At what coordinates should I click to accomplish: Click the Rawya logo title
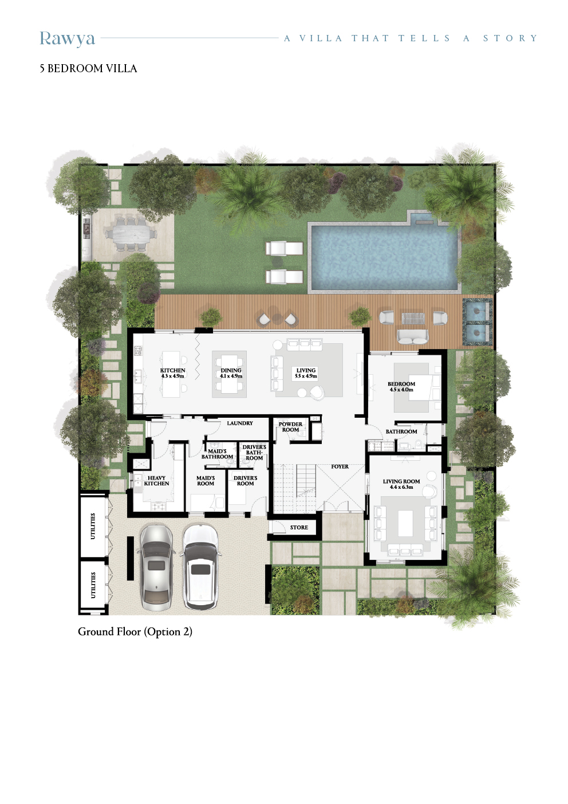67,38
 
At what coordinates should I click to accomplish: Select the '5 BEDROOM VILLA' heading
88,69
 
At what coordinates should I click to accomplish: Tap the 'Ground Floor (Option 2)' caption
135,632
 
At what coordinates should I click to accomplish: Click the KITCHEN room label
172,373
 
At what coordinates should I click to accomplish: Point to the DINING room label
231,373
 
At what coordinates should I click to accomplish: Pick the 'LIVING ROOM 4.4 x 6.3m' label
401,484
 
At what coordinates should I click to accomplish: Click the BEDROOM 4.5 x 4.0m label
401,387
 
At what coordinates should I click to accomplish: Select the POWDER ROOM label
290,427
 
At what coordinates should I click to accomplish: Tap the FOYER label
340,466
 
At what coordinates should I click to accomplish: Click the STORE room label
299,528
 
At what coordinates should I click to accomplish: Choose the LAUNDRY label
240,423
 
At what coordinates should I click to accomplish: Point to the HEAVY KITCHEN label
156,481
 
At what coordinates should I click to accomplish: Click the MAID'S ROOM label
206,481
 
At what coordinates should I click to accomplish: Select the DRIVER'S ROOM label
245,481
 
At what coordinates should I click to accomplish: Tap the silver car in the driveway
156,567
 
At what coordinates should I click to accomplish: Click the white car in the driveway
200,567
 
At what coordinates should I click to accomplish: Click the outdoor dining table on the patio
131,234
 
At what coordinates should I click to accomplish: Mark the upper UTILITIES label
93,526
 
